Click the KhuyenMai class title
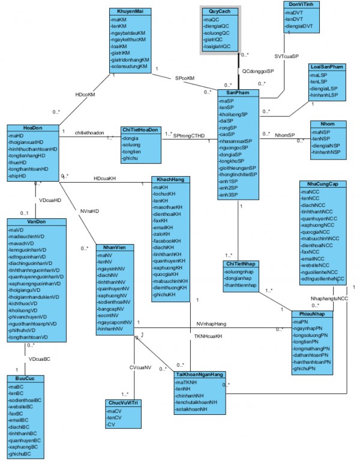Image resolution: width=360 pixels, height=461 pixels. coord(130,12)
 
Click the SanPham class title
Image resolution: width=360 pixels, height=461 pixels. coord(238,93)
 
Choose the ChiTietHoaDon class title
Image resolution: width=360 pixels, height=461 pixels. coord(140,130)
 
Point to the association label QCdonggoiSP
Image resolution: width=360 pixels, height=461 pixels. coord(259,71)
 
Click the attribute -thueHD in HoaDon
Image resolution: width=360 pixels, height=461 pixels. coord(20,162)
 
